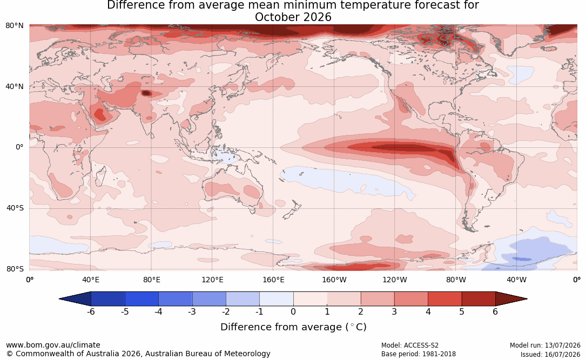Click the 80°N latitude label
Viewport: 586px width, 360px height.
14,26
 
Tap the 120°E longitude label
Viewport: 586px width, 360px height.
212,280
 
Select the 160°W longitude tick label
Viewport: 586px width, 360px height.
334,280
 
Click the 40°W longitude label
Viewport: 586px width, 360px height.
516,280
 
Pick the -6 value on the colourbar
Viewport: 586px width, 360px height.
91,311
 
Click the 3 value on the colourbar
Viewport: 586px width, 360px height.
394,311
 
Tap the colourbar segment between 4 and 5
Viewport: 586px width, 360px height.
444,299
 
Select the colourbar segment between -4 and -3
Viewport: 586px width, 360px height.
176,299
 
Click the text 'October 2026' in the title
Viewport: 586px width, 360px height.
293,17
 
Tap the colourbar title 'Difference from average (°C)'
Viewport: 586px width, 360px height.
293,327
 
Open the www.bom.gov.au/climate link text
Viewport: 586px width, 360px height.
53,345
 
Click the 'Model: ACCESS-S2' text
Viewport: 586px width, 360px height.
410,345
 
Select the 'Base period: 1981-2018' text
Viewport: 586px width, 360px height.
419,354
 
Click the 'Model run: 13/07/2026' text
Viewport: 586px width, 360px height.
545,345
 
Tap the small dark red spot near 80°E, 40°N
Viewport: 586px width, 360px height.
146,93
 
